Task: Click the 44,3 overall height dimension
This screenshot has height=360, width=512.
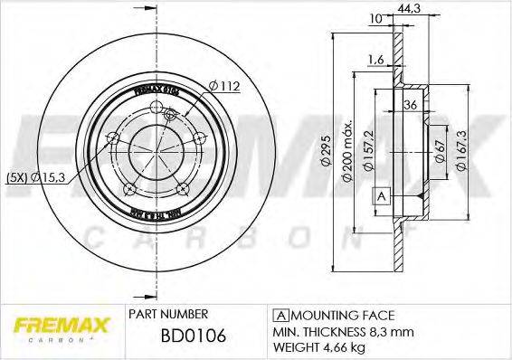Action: click(x=416, y=9)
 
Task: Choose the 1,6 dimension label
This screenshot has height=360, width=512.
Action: click(x=377, y=61)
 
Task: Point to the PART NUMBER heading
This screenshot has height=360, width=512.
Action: click(x=166, y=315)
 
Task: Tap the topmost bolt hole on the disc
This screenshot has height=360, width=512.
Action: click(x=173, y=113)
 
